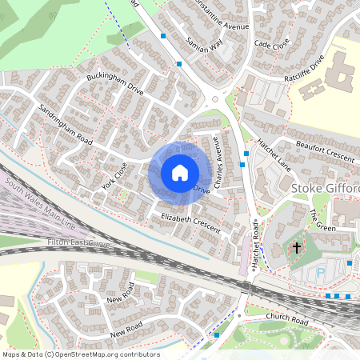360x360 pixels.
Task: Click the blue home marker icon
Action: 180,172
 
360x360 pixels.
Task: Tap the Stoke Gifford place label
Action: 326,188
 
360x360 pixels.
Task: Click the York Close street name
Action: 114,174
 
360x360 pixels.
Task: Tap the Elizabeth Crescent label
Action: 190,222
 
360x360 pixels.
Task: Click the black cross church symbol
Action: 296,248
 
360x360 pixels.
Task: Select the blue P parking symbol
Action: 322,271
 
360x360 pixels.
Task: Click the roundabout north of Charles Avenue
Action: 215,100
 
